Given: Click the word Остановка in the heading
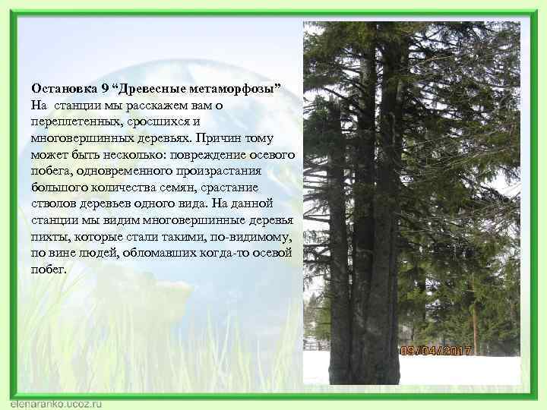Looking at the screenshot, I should (65, 90).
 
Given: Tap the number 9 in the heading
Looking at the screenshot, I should (106, 90).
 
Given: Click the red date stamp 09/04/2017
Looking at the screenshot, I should (436, 351).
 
